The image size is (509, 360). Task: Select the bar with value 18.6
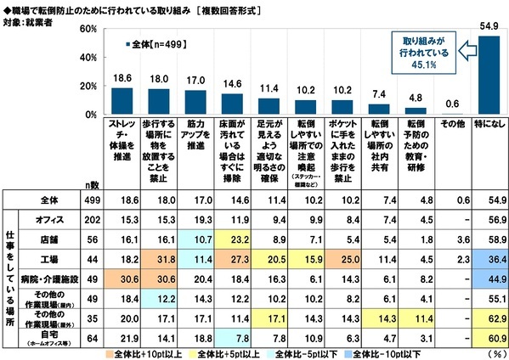[122, 101]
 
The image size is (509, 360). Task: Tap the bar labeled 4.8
[415, 110]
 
